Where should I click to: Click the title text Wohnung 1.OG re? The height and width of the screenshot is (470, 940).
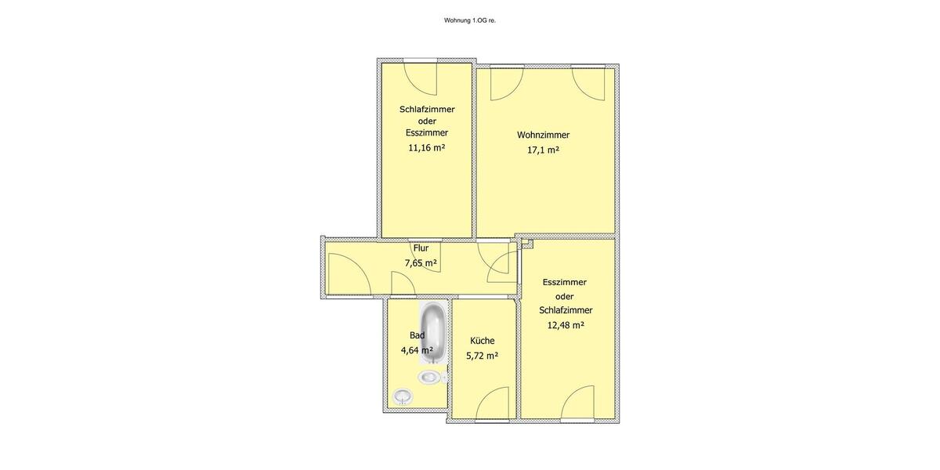click(x=469, y=20)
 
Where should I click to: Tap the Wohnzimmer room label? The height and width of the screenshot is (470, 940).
click(x=543, y=135)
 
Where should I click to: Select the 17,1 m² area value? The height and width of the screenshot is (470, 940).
click(x=543, y=150)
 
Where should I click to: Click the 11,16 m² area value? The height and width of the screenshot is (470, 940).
click(x=426, y=146)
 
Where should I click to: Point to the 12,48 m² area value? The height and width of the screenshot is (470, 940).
click(x=565, y=324)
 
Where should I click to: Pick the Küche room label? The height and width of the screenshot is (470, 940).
click(x=482, y=341)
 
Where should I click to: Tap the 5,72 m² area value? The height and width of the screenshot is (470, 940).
click(x=482, y=356)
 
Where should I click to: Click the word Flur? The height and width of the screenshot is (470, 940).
click(x=421, y=248)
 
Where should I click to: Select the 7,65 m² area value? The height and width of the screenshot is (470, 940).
click(x=421, y=263)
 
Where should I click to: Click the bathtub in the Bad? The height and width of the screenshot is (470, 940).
click(x=433, y=333)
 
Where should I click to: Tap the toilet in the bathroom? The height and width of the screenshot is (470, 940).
click(x=430, y=378)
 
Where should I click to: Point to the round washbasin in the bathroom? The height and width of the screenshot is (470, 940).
click(x=403, y=396)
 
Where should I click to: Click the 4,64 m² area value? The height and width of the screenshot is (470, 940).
click(x=416, y=350)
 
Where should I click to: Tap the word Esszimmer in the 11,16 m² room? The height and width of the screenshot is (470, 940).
click(x=426, y=132)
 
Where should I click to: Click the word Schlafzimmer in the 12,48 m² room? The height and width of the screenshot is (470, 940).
click(x=565, y=310)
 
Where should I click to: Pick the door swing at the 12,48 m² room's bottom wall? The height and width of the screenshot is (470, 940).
click(x=580, y=403)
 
